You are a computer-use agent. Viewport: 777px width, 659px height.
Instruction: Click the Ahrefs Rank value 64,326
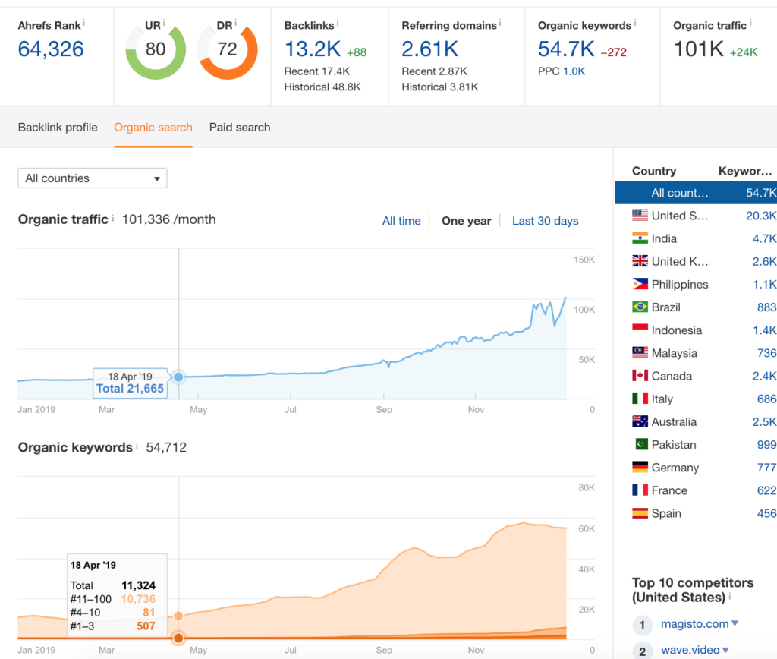coord(51,50)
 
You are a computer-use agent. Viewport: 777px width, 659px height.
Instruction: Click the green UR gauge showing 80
coord(155,50)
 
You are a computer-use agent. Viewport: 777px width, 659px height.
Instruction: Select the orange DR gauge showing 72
coord(227,50)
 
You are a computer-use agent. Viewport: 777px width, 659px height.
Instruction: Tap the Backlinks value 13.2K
coord(312,50)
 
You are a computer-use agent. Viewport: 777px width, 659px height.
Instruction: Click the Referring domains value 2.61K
coord(429,50)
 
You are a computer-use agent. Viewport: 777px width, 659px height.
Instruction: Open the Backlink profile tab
coord(58,128)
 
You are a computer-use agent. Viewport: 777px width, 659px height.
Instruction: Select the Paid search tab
coord(240,128)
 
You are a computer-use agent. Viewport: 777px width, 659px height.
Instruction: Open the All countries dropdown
coord(92,178)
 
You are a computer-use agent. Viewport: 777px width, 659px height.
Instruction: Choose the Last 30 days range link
coord(545,221)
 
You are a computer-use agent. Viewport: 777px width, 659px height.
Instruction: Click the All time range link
coord(401,221)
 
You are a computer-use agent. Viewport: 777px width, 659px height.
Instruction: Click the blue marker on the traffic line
coord(178,377)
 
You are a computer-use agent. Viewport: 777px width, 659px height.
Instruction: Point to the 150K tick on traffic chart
coord(584,260)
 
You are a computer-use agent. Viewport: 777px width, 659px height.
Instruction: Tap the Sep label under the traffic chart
coord(384,410)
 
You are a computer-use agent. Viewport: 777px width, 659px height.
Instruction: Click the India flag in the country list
coord(640,238)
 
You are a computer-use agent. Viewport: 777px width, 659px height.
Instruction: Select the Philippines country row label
coord(680,285)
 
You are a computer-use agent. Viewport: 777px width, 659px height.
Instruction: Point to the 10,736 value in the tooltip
coord(138,599)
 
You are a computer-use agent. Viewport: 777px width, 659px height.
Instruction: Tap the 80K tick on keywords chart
coord(587,488)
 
